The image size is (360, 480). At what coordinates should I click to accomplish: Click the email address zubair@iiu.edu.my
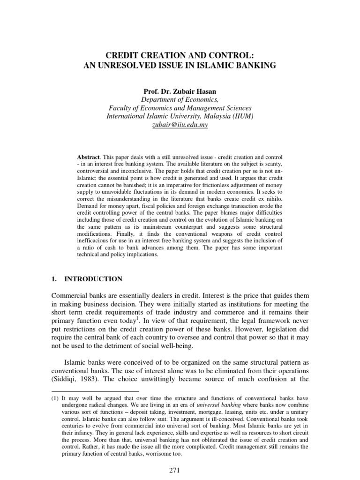point(180,126)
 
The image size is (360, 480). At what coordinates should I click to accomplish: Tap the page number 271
point(180,470)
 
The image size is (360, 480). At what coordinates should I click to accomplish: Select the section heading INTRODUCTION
point(93,279)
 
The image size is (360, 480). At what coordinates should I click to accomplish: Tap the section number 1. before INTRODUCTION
point(53,279)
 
